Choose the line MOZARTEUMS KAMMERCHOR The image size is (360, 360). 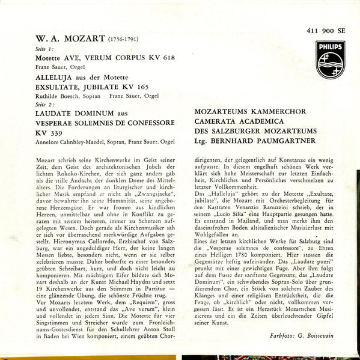251,112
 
